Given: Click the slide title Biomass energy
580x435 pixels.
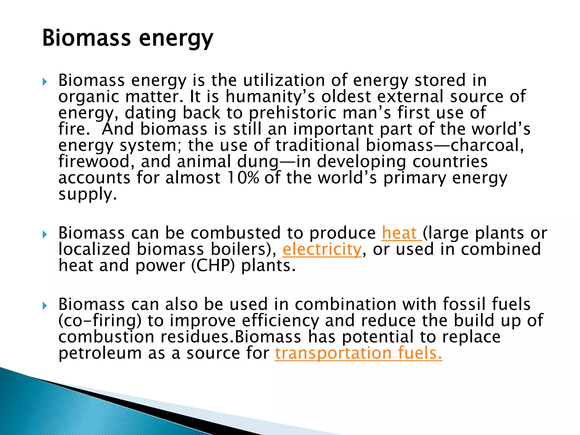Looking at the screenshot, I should [x=127, y=38].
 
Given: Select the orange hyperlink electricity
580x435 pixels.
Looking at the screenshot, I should [x=322, y=250].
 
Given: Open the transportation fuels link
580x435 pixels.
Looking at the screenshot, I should [x=358, y=353].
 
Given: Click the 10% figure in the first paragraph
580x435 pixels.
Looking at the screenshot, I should [x=243, y=178].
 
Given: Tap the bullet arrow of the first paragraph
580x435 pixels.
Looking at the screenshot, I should [x=44, y=82].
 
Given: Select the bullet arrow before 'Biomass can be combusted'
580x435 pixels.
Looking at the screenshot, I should [x=44, y=234].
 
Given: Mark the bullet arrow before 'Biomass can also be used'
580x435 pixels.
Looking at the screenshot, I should [x=44, y=306].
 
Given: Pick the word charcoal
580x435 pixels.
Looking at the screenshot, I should [x=487, y=145].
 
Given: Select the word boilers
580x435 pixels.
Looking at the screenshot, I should [x=240, y=250].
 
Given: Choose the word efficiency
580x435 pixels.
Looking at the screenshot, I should [x=280, y=321].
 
